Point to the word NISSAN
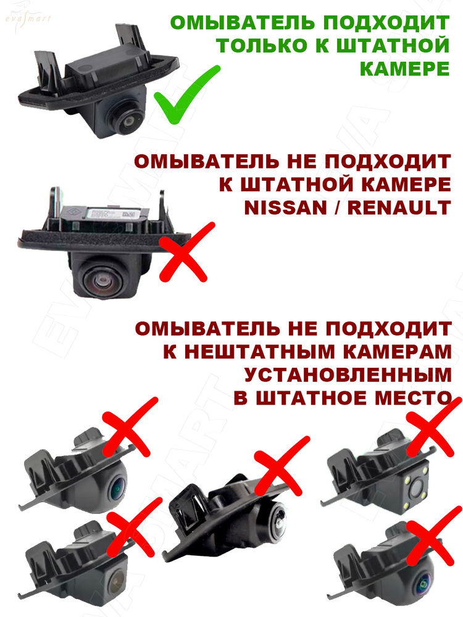(285, 208)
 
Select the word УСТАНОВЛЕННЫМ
(348, 375)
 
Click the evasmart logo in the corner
(28, 18)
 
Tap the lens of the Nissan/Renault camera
(104, 280)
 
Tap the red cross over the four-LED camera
(434, 426)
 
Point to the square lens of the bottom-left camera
(115, 579)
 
